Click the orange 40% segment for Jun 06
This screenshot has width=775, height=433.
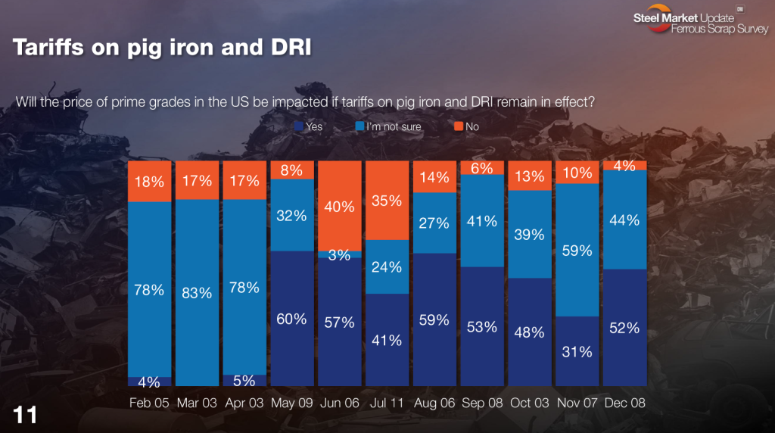point(340,205)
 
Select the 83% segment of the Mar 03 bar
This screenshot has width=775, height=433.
point(197,292)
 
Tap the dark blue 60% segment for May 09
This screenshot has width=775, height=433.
point(292,319)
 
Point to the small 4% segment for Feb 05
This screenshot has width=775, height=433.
point(149,382)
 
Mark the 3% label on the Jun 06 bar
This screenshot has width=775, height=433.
point(340,255)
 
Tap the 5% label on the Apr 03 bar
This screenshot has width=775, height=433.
point(244,381)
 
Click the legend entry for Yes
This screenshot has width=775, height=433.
point(309,126)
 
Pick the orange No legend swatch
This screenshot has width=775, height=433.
point(459,126)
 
